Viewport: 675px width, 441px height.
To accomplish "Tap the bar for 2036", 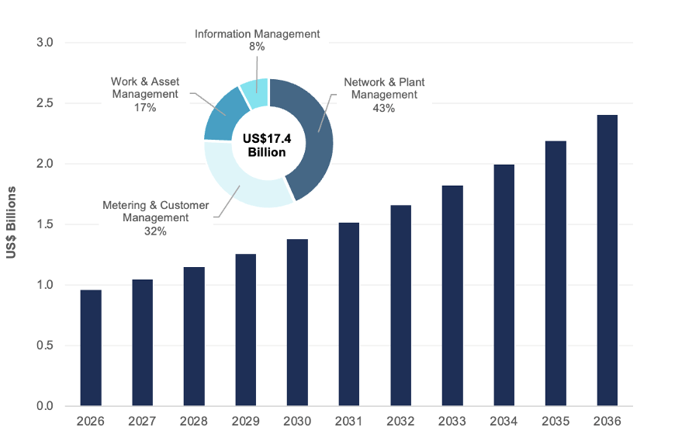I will pos(607,260).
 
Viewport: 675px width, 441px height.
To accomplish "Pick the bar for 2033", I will pos(452,296).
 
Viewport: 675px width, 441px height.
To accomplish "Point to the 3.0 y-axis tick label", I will pos(44,43).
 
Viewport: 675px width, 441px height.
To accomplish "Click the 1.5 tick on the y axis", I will pos(44,224).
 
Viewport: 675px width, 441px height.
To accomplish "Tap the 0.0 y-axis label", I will pos(44,406).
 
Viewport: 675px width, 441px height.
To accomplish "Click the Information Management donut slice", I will pos(254,93).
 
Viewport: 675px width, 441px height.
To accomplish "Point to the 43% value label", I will pos(384,108).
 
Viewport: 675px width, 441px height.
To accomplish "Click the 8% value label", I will pos(257,47).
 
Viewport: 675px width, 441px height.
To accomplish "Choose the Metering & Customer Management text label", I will pos(156,211).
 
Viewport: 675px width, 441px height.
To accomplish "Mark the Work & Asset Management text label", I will pos(144,88).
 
